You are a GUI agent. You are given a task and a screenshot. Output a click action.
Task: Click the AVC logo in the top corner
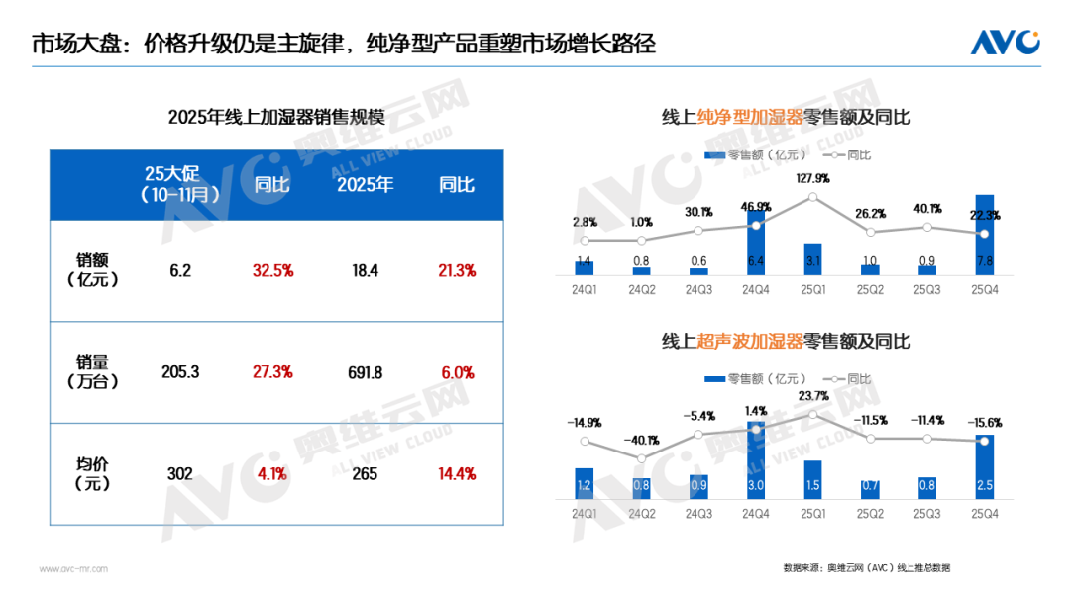tap(1004, 43)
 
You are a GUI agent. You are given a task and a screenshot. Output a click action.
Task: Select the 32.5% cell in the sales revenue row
tap(272, 270)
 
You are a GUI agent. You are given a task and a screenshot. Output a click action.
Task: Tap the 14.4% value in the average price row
tap(456, 473)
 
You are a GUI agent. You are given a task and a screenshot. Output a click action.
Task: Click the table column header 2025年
tap(366, 185)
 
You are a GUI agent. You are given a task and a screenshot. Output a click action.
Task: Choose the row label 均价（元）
tap(96, 473)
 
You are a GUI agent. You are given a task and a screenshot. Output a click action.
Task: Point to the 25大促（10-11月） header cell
tap(179, 185)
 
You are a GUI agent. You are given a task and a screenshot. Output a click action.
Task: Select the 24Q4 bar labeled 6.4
tap(756, 242)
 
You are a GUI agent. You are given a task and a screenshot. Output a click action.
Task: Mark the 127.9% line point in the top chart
tap(813, 197)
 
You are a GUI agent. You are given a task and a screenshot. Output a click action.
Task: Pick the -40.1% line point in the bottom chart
tap(641, 458)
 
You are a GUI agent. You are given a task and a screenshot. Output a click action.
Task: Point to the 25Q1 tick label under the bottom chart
tap(813, 515)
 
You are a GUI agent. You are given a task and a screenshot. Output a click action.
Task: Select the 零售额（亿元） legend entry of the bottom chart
tap(755, 379)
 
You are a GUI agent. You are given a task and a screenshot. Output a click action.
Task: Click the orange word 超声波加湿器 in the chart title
tap(747, 342)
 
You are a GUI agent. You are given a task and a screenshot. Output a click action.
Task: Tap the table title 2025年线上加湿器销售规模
tap(276, 118)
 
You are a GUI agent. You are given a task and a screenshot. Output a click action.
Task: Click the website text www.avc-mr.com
tap(73, 569)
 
